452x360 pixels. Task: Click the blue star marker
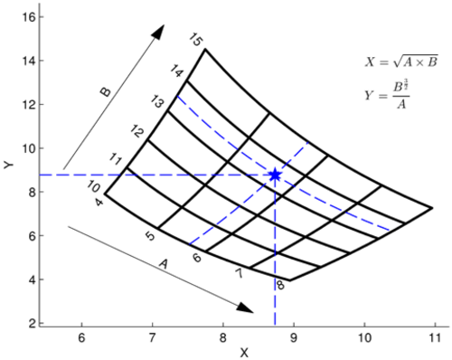275,175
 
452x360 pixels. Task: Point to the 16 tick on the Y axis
29,17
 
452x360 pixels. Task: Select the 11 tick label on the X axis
435,338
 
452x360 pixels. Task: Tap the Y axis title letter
9,165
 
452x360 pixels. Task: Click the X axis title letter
244,353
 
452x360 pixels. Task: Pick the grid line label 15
196,40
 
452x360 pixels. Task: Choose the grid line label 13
157,101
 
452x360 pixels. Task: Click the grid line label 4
99,202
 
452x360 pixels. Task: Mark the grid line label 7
239,273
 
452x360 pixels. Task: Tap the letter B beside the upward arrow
105,91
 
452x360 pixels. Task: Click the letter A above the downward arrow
163,264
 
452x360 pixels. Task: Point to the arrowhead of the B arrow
158,32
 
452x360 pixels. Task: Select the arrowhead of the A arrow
245,308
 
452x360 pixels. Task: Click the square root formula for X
401,62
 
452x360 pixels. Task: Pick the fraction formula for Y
387,94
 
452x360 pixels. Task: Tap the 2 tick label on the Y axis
33,324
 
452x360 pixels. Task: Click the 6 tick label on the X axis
81,338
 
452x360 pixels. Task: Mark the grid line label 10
93,186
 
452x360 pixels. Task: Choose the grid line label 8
280,285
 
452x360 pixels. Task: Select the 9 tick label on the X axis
294,338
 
